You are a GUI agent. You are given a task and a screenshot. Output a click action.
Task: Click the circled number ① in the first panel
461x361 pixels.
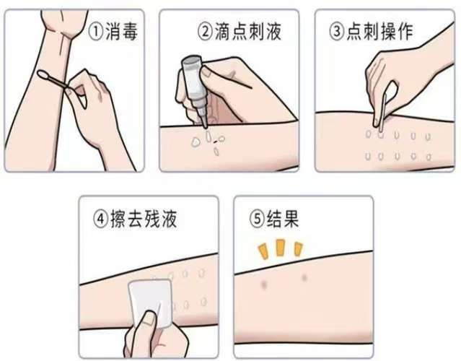tap(96, 32)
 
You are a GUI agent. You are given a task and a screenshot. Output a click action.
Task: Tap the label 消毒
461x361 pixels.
tap(121, 32)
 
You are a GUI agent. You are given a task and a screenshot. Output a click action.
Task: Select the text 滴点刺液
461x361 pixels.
tap(247, 32)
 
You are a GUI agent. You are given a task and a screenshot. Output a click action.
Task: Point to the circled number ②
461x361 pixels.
tap(205, 32)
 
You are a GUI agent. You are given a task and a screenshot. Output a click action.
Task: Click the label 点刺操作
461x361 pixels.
tap(380, 32)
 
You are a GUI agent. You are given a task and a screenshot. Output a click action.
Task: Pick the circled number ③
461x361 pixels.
tap(337, 32)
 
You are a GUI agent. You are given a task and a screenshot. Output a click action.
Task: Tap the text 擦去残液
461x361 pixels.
tap(144, 219)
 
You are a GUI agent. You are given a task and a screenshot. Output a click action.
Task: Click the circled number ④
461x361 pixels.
tap(101, 219)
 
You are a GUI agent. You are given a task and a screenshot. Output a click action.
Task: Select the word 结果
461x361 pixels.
tap(283, 219)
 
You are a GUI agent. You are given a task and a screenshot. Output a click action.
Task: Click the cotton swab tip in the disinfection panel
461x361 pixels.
tap(43, 75)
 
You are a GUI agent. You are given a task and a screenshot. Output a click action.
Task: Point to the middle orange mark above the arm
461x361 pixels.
tap(280, 248)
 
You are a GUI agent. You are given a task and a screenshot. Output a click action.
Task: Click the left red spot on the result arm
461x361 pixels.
tap(264, 284)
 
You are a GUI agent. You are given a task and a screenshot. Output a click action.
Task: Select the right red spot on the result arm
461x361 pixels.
tap(304, 277)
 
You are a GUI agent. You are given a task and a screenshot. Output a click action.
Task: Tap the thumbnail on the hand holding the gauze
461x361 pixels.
tap(149, 318)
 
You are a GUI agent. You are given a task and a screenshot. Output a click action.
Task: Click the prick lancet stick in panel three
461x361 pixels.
tap(383, 113)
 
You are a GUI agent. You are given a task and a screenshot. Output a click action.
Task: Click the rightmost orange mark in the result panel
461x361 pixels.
tap(299, 249)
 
